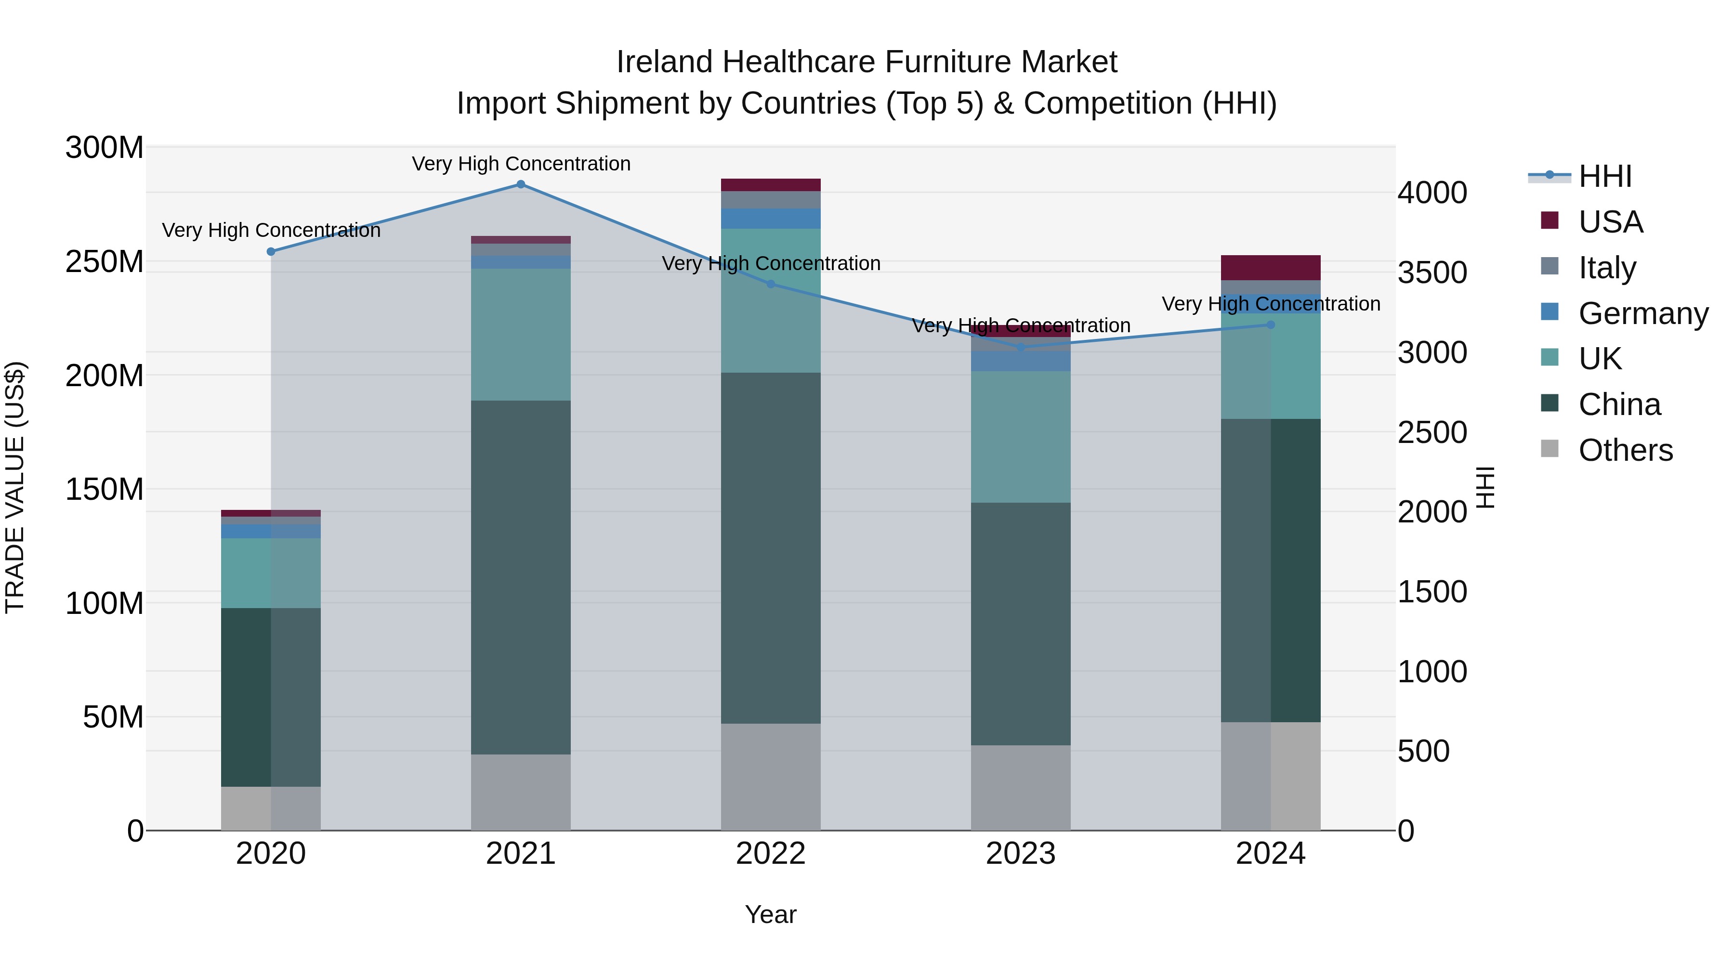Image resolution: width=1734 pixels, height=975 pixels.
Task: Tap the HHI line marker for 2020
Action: click(x=271, y=252)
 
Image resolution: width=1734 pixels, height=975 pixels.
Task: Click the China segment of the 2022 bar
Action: click(x=771, y=548)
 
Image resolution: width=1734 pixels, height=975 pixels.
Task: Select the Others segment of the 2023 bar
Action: click(x=1021, y=787)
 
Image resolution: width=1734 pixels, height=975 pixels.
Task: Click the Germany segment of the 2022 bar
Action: click(x=771, y=219)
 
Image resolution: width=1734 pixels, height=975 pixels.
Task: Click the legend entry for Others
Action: click(x=1625, y=450)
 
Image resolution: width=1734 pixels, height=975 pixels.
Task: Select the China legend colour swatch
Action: click(x=1550, y=403)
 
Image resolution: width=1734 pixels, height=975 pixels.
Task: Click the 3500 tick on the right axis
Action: click(x=1432, y=273)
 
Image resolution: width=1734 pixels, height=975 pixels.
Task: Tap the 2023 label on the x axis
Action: click(x=1021, y=854)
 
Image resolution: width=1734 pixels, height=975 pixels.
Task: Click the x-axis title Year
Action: click(x=770, y=914)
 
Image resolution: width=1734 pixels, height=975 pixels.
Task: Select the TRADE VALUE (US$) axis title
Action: click(x=15, y=487)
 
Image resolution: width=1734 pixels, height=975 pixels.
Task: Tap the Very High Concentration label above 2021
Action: click(x=521, y=164)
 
